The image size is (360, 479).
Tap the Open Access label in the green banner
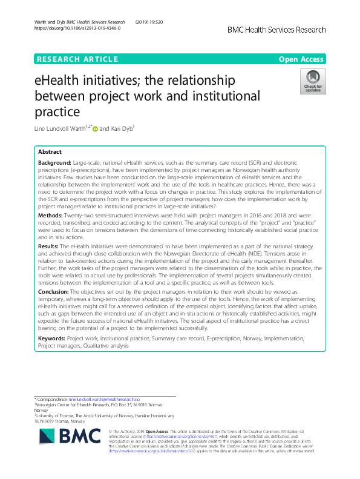(x=301, y=59)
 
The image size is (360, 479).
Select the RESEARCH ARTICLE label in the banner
(x=77, y=59)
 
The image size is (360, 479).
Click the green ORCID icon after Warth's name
(x=94, y=129)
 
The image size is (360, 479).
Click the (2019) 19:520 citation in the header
(x=152, y=21)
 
